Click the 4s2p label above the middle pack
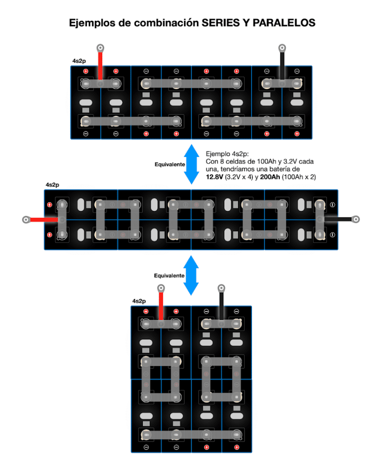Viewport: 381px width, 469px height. [52, 185]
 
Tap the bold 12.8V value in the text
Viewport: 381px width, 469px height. [214, 176]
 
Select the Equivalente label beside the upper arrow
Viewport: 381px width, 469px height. [170, 164]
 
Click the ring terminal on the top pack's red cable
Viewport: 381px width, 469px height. [100, 49]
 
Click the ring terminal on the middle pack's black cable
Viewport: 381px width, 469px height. [355, 219]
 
